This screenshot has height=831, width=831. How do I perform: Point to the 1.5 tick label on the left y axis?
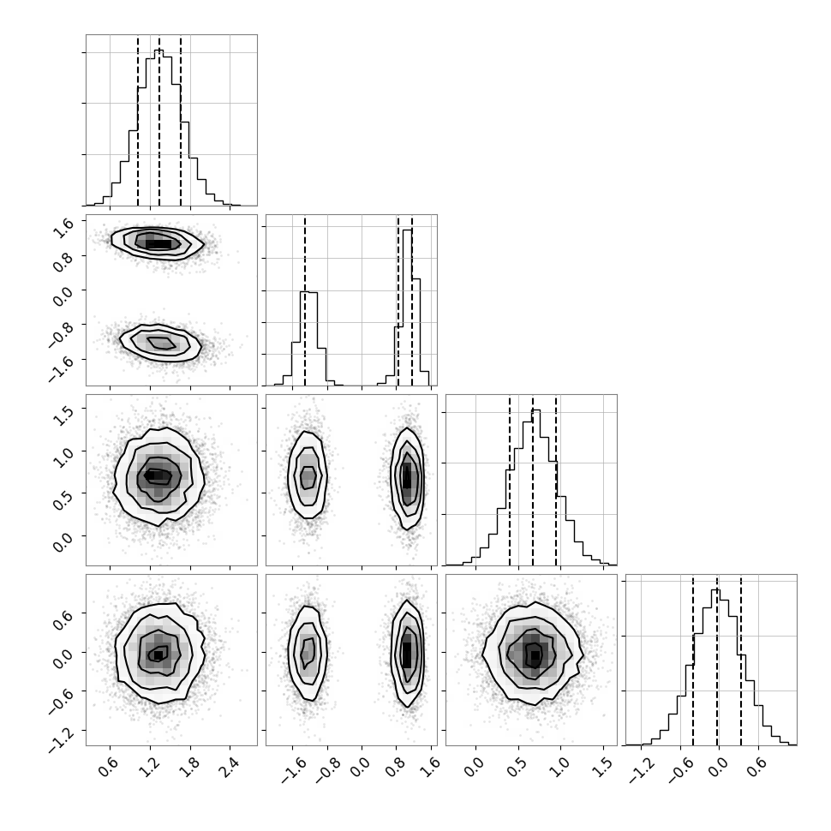pos(63,412)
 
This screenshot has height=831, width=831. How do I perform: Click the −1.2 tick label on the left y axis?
pos(59,738)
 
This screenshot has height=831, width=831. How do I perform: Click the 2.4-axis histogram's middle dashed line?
pos(159,120)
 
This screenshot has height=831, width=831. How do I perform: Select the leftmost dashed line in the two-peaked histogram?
pos(305,301)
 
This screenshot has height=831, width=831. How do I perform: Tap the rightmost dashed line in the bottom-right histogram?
pos(741,660)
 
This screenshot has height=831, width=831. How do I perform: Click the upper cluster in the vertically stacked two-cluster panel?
pos(158,243)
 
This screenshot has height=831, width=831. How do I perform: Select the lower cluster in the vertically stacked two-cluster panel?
pos(160,343)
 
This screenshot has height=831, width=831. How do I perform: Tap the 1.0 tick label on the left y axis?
pos(63,455)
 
